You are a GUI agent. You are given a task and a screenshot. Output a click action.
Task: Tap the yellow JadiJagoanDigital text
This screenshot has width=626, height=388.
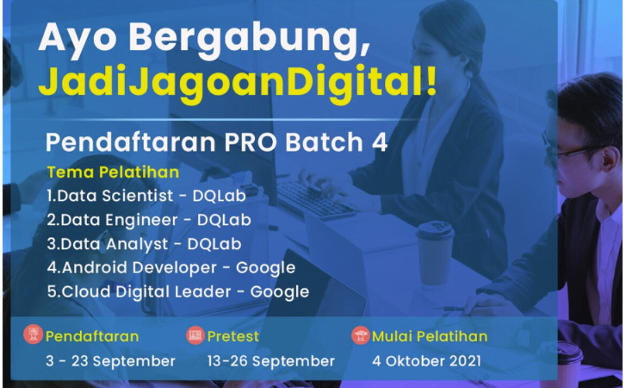[238, 82]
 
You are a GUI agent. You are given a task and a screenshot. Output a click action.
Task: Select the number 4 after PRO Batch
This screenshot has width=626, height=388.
[380, 142]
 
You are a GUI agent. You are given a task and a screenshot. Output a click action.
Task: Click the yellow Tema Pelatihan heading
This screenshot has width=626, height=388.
[113, 172]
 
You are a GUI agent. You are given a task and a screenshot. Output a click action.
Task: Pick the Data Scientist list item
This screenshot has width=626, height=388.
[146, 195]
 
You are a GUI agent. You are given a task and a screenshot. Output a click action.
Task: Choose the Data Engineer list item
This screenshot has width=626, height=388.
[149, 220]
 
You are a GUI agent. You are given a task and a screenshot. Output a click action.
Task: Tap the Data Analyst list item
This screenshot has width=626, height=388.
[144, 244]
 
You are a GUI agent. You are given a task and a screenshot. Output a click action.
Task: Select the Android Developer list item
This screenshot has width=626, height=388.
[171, 268]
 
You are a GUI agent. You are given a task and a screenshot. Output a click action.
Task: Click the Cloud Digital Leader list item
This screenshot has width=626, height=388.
[178, 292]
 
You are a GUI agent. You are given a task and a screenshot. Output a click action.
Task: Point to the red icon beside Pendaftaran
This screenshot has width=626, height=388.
[33, 334]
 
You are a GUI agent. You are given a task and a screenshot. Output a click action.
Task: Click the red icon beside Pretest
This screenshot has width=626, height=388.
[195, 336]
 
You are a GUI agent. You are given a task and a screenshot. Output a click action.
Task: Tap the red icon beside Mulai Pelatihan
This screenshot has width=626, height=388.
[361, 336]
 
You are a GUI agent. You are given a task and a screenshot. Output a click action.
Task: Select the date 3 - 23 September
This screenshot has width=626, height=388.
[111, 361]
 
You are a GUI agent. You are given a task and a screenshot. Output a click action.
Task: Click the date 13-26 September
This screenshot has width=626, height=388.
[271, 361]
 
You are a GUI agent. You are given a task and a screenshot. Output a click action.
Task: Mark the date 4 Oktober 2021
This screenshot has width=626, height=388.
[427, 361]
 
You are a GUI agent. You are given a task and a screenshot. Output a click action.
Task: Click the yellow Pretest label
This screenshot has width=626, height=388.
[233, 337]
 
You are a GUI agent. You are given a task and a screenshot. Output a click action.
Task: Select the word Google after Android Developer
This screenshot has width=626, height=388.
[266, 268]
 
